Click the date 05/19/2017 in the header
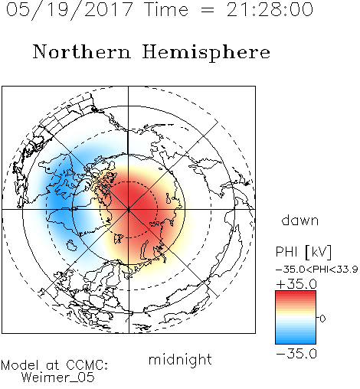[x=69, y=10]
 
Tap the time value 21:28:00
[x=270, y=9]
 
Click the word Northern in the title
[x=82, y=51]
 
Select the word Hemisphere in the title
[x=206, y=53]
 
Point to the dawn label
[x=300, y=220]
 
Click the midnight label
[x=180, y=360]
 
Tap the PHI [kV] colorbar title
[x=303, y=252]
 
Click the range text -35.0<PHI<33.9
[x=317, y=270]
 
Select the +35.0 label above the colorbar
[x=296, y=284]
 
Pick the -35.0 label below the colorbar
[x=296, y=354]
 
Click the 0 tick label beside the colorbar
[x=322, y=319]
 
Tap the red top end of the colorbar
[x=296, y=293]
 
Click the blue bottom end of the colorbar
[x=296, y=342]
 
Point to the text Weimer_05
[x=58, y=378]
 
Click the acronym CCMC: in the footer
[x=87, y=365]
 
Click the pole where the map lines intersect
[x=129, y=209]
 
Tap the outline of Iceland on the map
[x=72, y=245]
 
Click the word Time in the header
[x=166, y=10]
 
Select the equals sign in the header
[x=208, y=11]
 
